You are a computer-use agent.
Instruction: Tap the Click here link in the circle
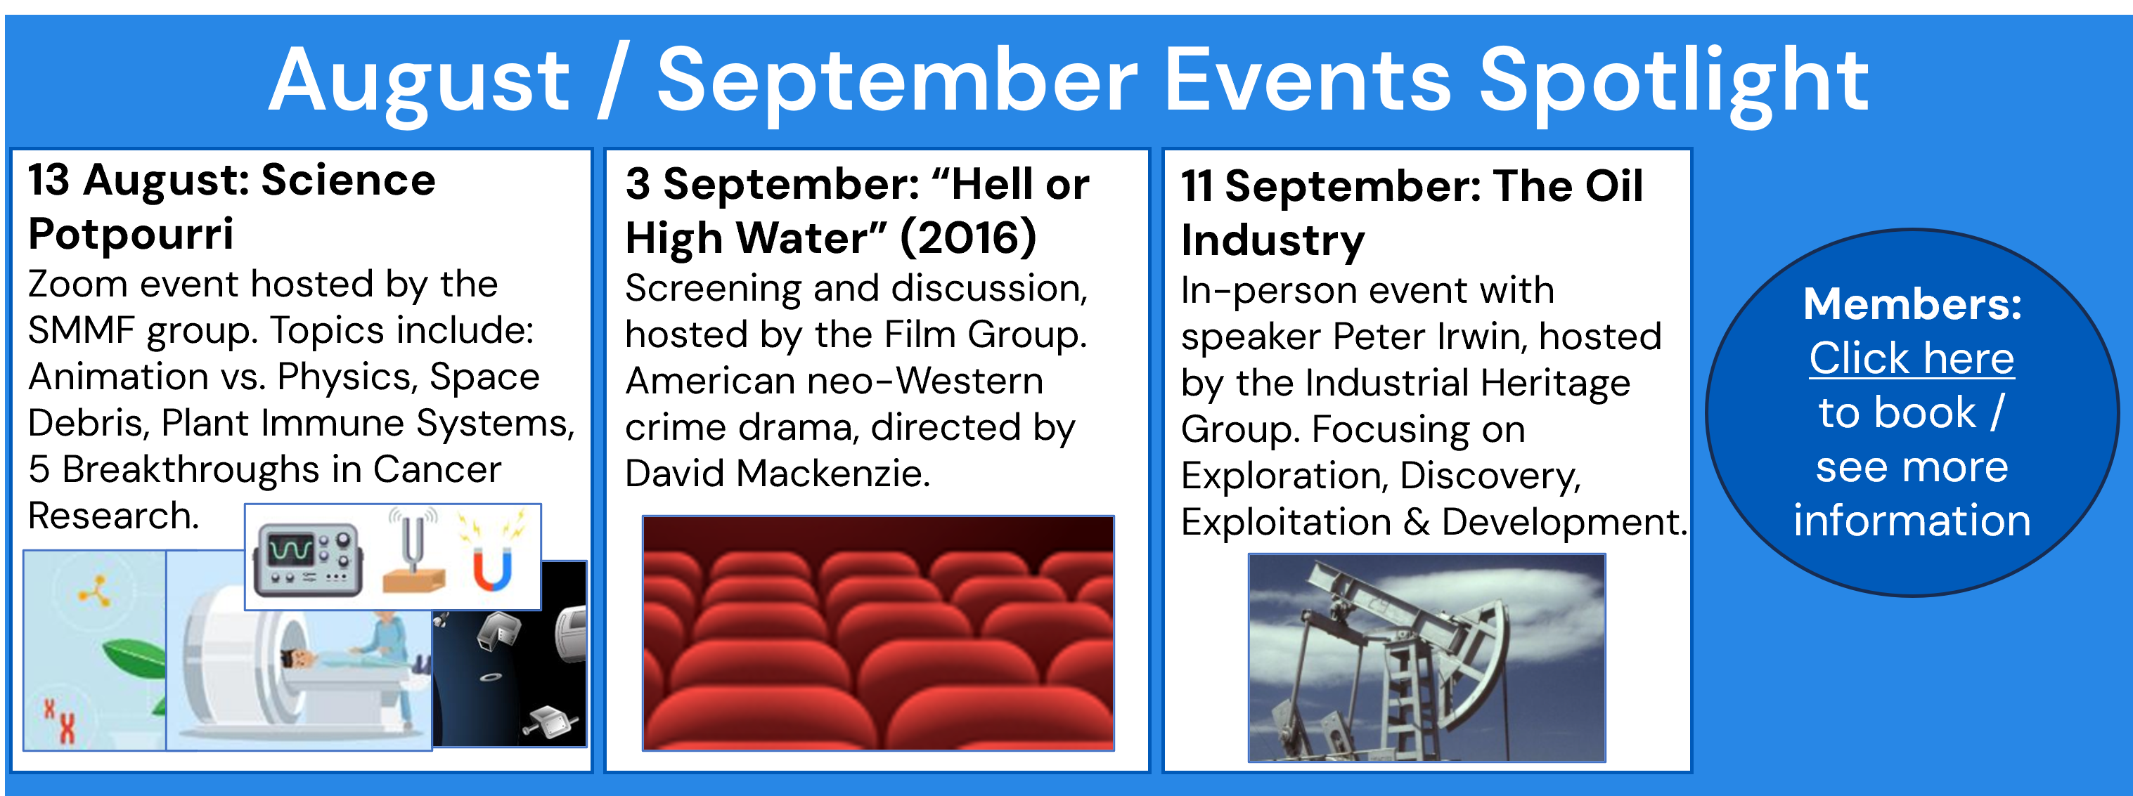pyautogui.click(x=1911, y=358)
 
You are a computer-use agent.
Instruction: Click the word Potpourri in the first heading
pyautogui.click(x=131, y=234)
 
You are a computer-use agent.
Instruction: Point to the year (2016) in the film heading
pyautogui.click(x=968, y=237)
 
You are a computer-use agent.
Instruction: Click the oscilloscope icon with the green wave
pyautogui.click(x=308, y=559)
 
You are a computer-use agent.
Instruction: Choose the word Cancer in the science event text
pyautogui.click(x=437, y=469)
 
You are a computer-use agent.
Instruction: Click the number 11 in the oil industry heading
pyautogui.click(x=1197, y=185)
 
